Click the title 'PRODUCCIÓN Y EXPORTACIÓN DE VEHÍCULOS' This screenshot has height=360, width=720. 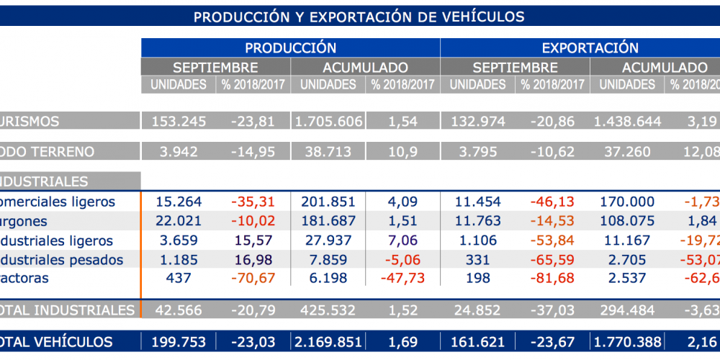coord(358,17)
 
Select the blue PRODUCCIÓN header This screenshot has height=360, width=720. coord(290,48)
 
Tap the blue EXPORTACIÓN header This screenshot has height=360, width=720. coord(590,48)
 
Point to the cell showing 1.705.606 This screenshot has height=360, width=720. coord(328,121)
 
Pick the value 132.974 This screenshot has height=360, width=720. coord(478,121)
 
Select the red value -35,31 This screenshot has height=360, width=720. coord(252,202)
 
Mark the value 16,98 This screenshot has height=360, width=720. coord(252,260)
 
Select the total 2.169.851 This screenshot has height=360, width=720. coord(328,342)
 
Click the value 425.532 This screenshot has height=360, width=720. coord(328,310)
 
